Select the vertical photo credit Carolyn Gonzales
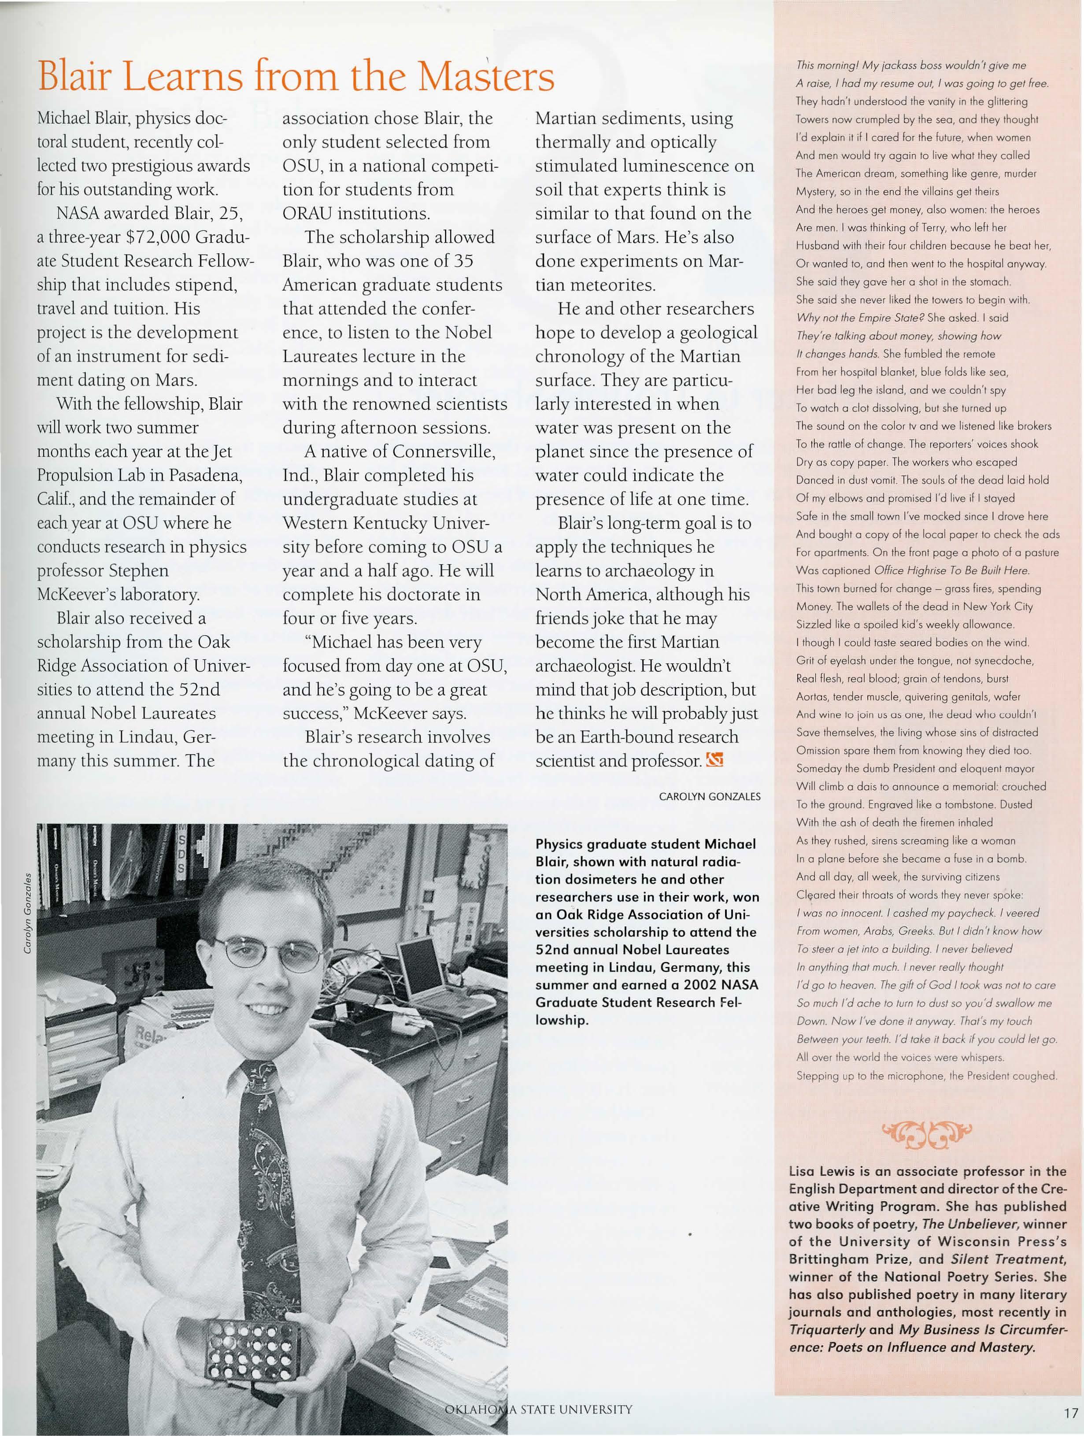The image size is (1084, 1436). click(27, 913)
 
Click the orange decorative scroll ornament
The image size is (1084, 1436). click(926, 1133)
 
